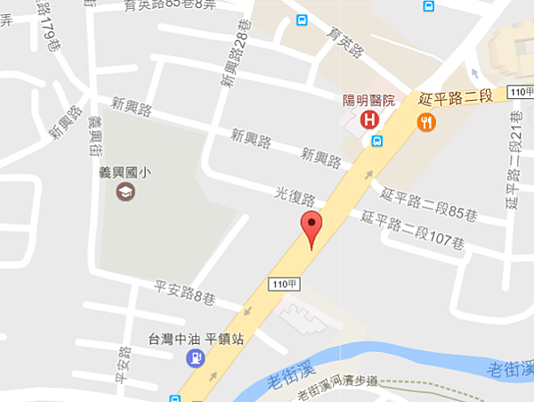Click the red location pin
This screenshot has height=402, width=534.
coord(311,228)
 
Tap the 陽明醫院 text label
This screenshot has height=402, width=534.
coord(375,101)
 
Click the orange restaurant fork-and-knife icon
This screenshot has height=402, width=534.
coord(426,123)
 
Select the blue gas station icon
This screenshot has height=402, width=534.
coord(194,358)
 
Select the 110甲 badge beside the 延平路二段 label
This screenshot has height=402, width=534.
coord(518,93)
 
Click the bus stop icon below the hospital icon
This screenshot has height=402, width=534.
coord(376,141)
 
